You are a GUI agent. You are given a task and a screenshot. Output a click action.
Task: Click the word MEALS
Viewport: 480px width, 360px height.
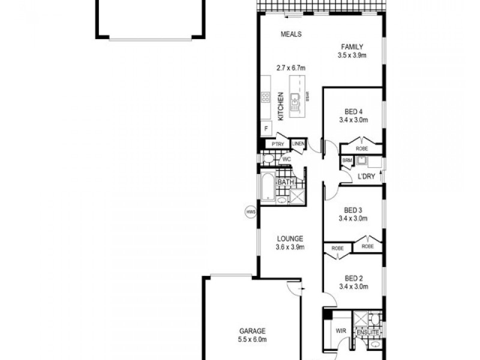[291, 34]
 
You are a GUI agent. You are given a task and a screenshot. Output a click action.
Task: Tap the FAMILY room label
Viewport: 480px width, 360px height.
[352, 47]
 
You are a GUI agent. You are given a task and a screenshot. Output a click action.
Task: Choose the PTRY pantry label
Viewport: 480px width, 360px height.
[277, 144]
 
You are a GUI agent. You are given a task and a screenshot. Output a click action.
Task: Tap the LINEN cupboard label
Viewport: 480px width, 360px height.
[299, 144]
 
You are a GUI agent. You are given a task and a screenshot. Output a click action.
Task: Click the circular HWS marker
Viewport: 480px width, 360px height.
[250, 211]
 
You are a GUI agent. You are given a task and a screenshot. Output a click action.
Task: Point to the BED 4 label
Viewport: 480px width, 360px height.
[353, 112]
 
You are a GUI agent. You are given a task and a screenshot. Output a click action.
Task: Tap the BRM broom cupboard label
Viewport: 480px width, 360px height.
[347, 161]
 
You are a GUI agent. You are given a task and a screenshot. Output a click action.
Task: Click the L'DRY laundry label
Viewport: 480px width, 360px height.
[366, 176]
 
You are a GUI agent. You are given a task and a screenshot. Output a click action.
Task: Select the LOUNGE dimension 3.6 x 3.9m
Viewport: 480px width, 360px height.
[290, 247]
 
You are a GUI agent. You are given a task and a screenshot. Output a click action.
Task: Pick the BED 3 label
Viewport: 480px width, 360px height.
[353, 210]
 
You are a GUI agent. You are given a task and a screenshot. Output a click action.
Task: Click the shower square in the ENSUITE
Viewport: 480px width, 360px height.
[361, 319]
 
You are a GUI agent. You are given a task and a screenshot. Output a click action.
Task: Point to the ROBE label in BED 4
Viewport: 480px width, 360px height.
[361, 148]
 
